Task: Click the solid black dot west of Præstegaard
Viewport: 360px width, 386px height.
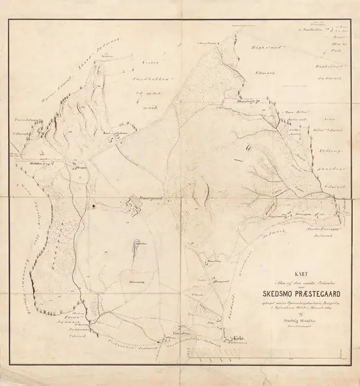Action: pos(94,206)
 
